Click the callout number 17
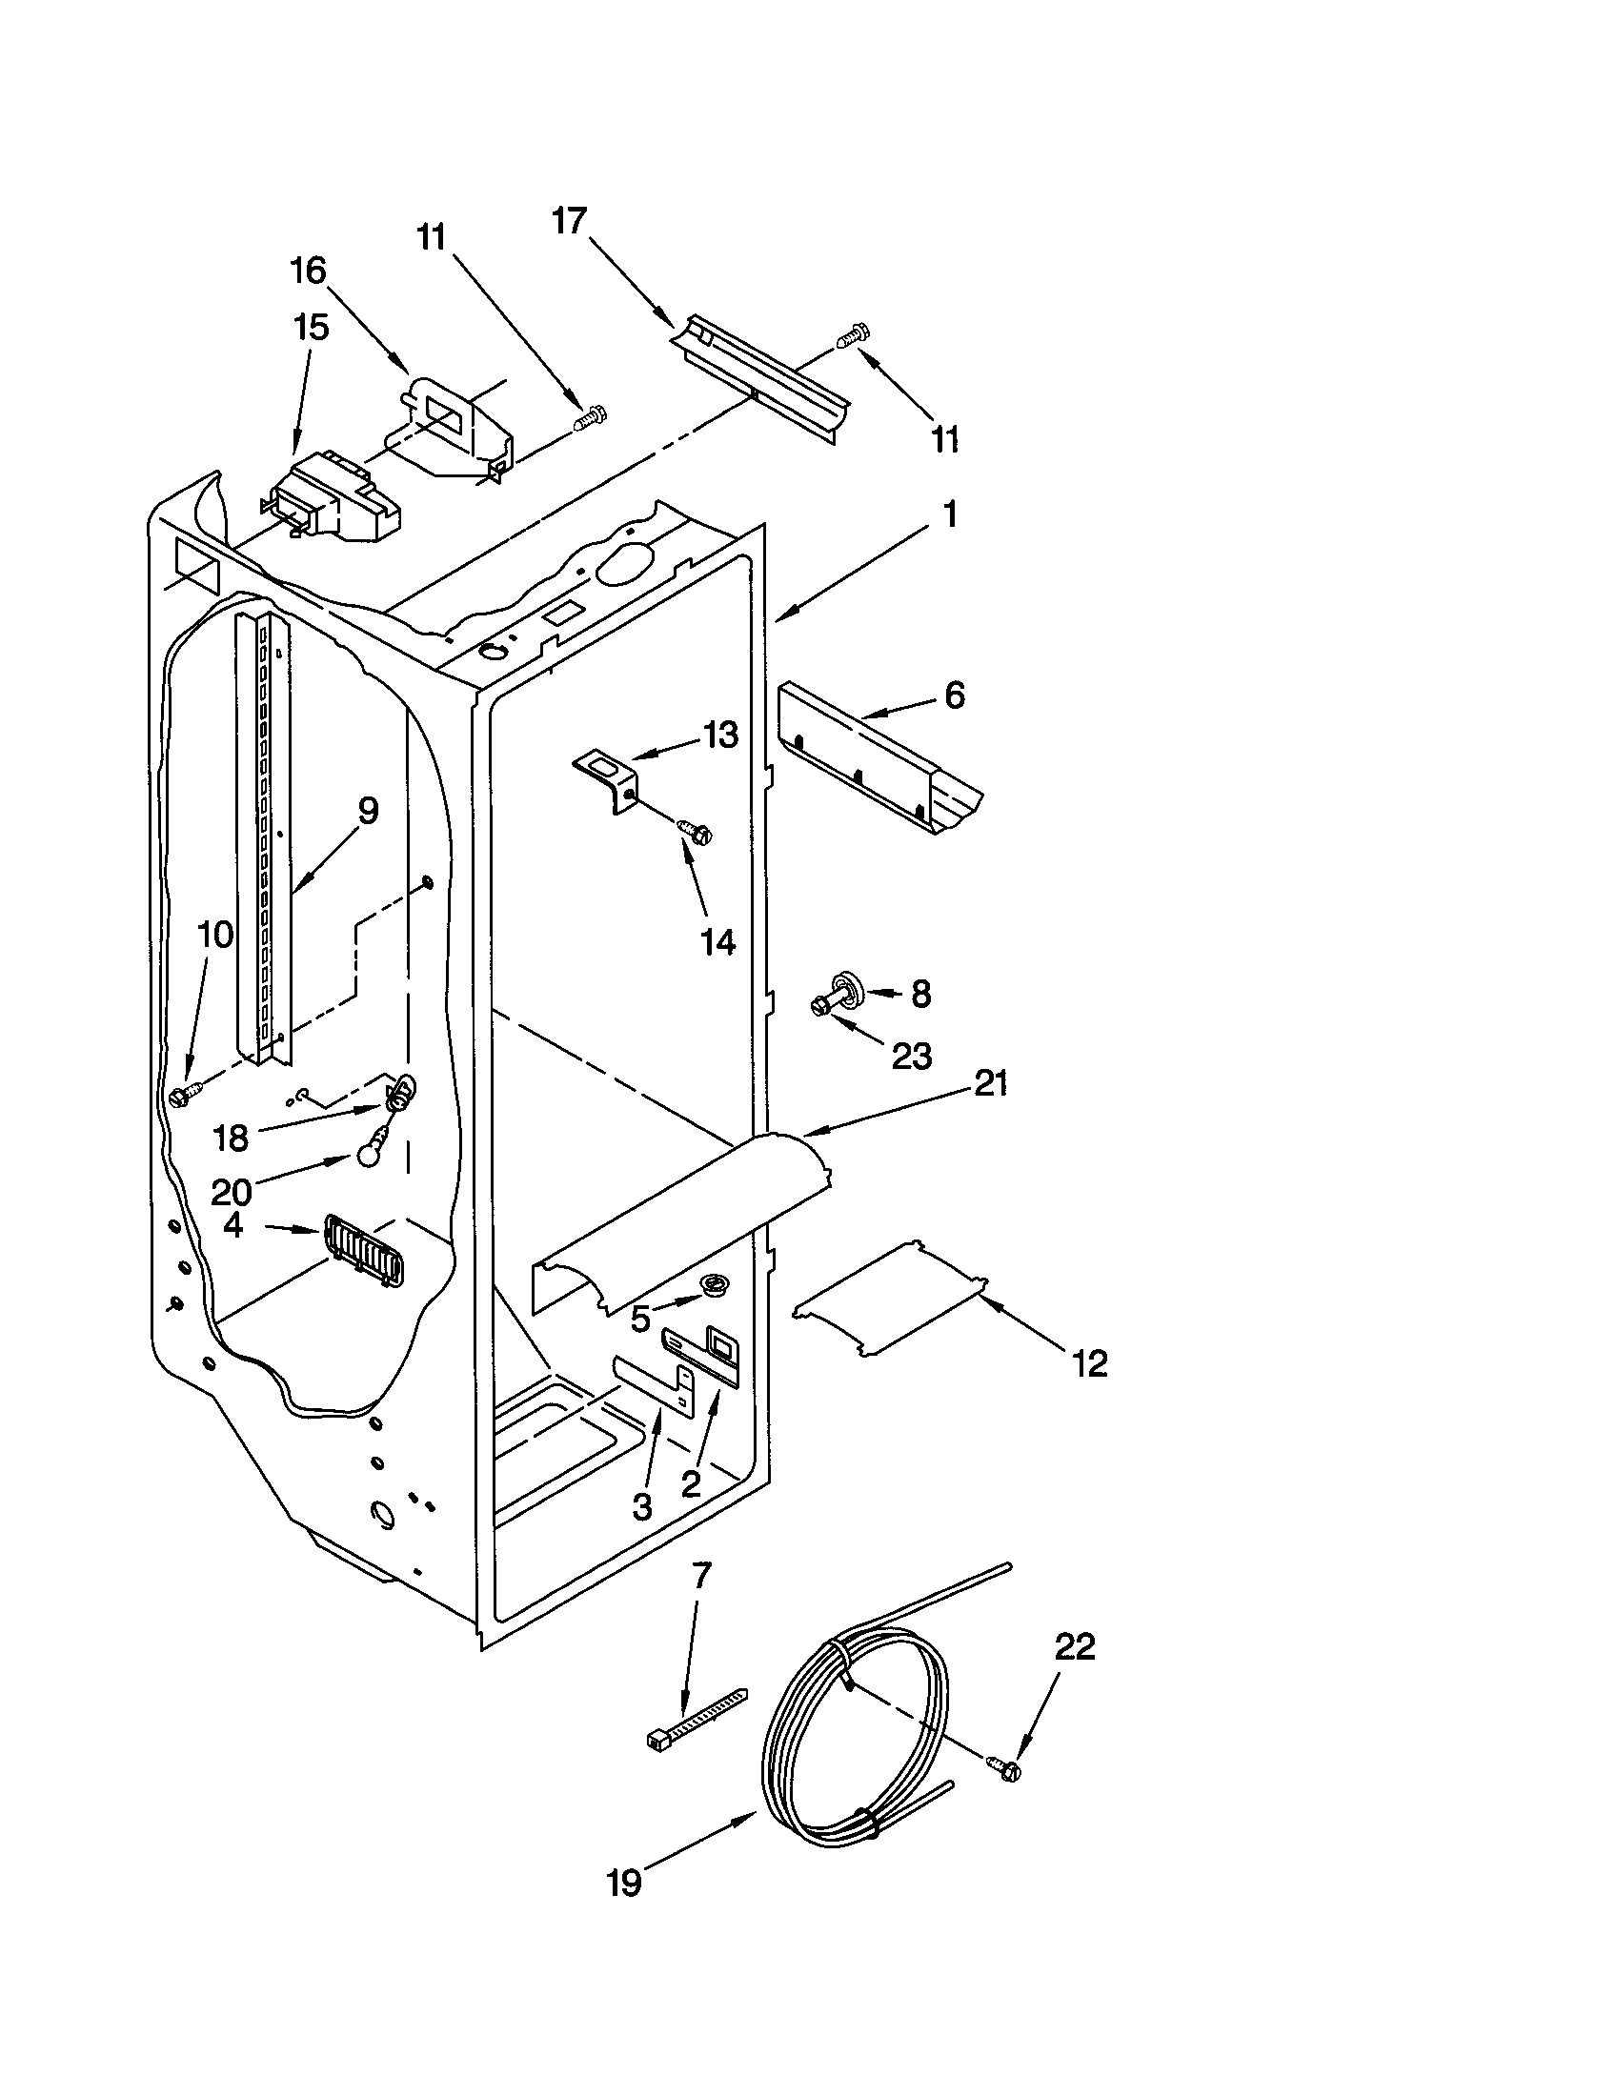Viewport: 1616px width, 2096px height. (569, 222)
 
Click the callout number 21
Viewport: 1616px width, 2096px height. (990, 1084)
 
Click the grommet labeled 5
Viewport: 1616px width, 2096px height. (715, 1284)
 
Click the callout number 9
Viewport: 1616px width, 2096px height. (367, 811)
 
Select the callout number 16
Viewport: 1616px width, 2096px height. (309, 271)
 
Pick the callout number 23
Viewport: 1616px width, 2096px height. (911, 1057)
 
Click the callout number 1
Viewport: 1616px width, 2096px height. (949, 515)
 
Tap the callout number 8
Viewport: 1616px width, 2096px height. (920, 995)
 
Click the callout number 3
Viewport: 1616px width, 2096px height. (642, 1508)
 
